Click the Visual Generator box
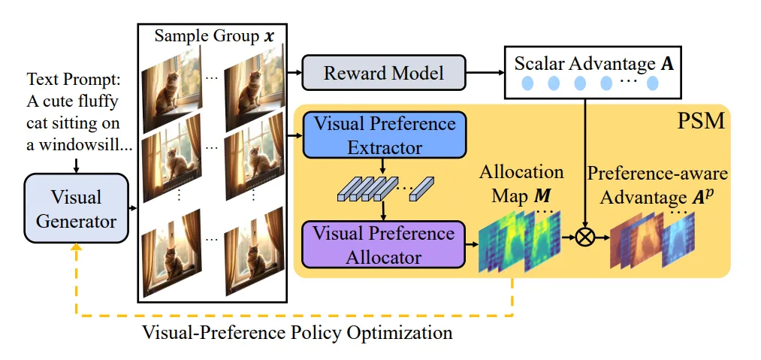tap(76, 208)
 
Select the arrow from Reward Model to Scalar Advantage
tap(485, 73)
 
